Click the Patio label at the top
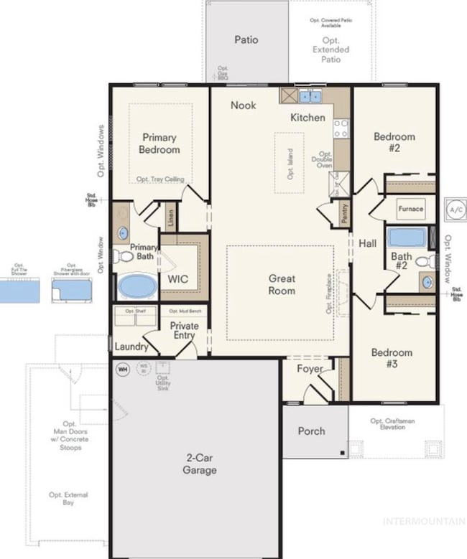[x=246, y=40]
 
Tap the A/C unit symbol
[x=455, y=209]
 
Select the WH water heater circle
[x=123, y=369]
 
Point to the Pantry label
[x=345, y=214]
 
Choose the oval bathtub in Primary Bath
[x=136, y=286]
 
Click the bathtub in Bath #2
[x=407, y=237]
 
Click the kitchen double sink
[x=310, y=96]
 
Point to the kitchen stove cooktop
[x=341, y=128]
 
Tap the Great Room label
[x=282, y=284]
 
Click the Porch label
[x=311, y=431]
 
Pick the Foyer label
[x=310, y=369]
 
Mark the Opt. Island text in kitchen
[x=290, y=163]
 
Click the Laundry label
[x=131, y=347]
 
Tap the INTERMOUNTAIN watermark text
[x=423, y=520]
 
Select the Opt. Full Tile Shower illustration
[x=19, y=290]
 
